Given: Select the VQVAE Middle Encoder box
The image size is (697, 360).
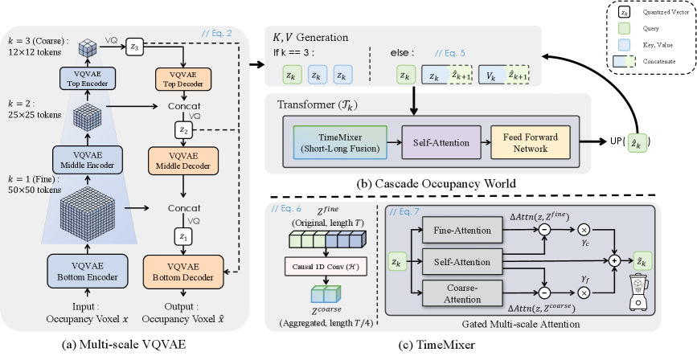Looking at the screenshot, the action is point(87,160).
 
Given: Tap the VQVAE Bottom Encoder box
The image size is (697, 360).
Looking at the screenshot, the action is point(87,272).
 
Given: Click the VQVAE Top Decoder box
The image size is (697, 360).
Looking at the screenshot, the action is point(183,79).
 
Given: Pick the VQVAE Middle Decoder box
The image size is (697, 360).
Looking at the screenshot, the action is point(183,161).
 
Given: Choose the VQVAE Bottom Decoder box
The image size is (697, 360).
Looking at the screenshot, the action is point(183,272).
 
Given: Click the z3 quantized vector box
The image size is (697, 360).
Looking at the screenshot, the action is point(135,47).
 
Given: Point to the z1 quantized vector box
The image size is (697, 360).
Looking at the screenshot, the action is point(183,237).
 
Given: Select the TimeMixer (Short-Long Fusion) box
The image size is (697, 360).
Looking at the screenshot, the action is point(340,142).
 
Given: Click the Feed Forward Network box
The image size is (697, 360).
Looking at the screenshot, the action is point(531,142).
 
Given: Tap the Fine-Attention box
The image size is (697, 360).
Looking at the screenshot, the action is point(462,230).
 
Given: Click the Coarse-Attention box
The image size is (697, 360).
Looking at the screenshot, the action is point(462,293).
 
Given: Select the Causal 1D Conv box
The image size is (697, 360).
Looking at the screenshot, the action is point(326,267).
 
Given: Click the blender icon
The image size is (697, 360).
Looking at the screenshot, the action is point(639,292).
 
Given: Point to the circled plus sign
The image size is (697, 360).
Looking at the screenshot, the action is point(614,261).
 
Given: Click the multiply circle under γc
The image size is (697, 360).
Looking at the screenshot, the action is point(583,229).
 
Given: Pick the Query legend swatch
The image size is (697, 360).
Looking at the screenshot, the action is point(624,28).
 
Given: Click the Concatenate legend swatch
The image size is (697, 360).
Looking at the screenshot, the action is point(624,61).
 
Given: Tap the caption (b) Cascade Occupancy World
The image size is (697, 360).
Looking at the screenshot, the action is point(437,183).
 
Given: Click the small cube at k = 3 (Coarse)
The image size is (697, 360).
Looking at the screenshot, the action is point(88,47).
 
